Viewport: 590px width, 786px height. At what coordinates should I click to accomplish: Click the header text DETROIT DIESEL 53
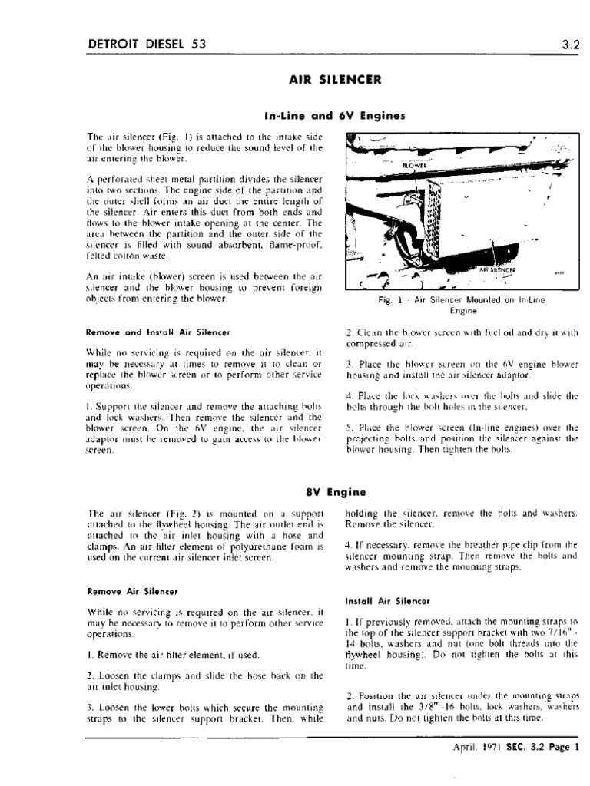click(x=147, y=44)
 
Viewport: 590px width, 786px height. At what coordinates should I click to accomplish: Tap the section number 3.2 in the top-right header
click(x=569, y=44)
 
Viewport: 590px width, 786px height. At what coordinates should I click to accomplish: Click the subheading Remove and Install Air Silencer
click(x=159, y=333)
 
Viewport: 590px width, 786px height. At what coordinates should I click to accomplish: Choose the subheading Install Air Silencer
click(x=388, y=599)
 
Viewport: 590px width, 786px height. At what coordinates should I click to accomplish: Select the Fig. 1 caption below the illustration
click(x=462, y=305)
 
